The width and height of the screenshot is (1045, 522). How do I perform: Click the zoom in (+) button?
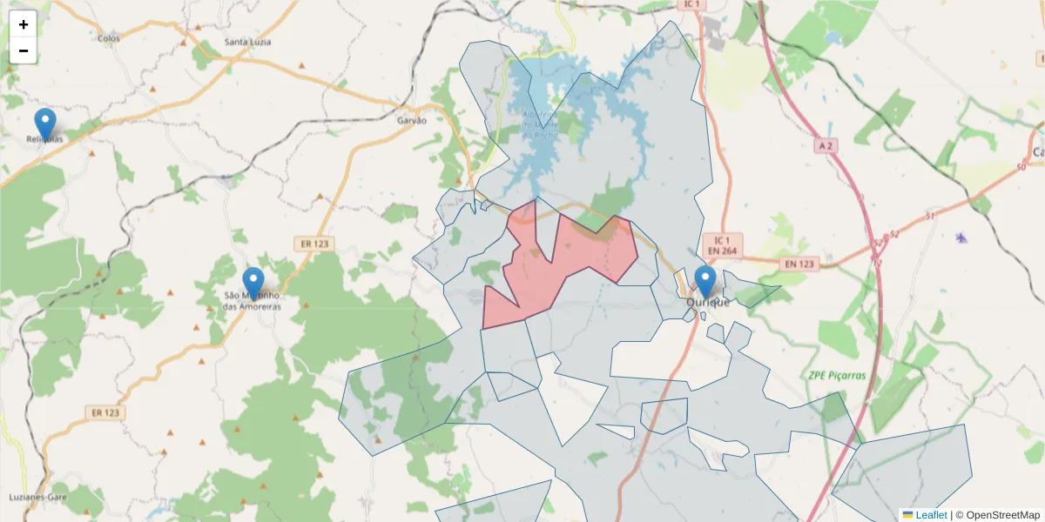24,24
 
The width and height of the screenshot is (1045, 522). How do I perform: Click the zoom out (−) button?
24,50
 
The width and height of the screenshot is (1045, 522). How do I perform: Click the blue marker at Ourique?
705,282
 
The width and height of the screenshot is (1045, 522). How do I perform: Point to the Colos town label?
109,38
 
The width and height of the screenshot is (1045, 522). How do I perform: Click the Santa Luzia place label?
248,42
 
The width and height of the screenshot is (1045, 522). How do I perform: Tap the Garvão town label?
412,120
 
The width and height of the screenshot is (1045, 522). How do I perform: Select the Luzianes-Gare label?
38,497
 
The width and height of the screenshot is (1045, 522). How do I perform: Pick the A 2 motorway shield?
826,146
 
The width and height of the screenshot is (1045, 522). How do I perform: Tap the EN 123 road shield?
799,264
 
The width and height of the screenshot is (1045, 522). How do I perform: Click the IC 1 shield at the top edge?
693,4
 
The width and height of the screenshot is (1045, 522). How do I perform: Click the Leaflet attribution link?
930,515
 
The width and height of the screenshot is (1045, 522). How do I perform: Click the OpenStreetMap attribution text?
1002,515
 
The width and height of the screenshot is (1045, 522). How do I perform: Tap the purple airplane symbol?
961,238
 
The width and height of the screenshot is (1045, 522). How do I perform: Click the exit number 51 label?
931,216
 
